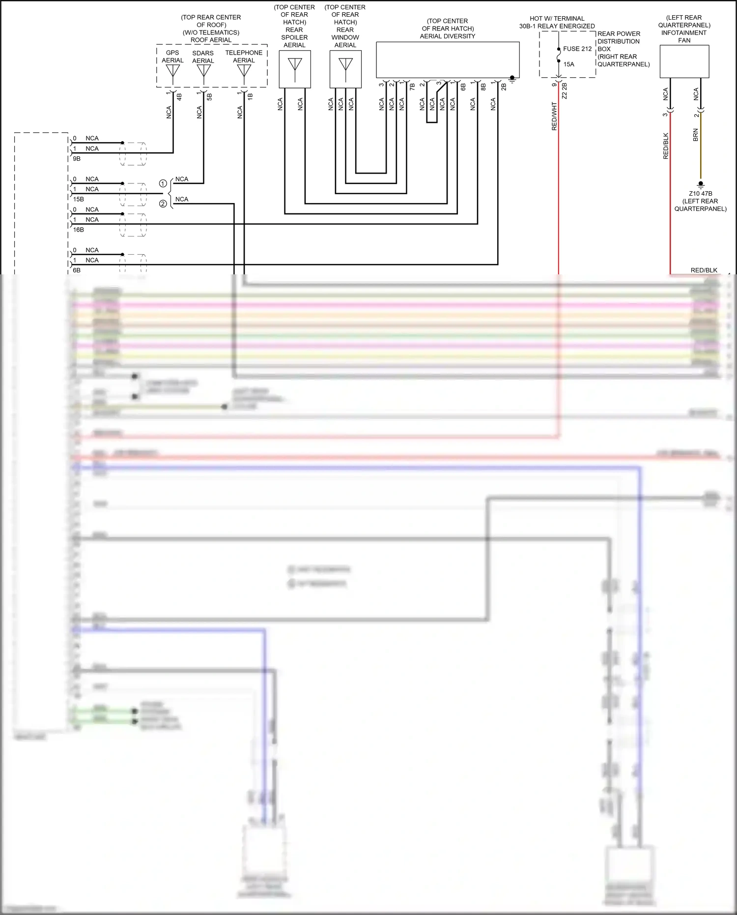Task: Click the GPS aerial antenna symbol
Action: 173,71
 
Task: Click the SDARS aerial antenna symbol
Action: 203,72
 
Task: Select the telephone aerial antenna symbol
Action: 244,72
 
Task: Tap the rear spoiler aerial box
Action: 295,69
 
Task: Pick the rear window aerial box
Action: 345,69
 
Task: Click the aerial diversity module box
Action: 448,59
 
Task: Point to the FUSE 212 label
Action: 577,49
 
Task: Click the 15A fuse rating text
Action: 569,64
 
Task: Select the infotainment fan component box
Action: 684,61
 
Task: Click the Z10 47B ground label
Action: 700,194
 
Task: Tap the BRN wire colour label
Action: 695,135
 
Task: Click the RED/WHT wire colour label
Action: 554,117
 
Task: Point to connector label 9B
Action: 77,159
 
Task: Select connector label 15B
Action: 78,199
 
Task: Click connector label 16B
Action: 78,230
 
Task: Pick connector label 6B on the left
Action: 77,270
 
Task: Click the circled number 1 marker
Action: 163,183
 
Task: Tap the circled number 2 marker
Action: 163,204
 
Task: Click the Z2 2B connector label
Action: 565,91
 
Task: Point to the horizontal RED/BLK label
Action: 704,270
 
